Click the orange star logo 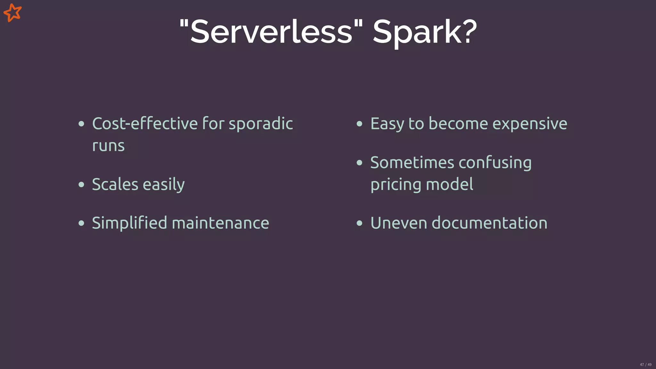[x=12, y=12]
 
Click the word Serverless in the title [x=271, y=32]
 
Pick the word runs [x=108, y=146]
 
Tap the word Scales [x=115, y=184]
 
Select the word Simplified [x=129, y=223]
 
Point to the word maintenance [x=220, y=223]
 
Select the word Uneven [x=398, y=223]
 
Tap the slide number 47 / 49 [x=645, y=365]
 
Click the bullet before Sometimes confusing [x=359, y=163]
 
